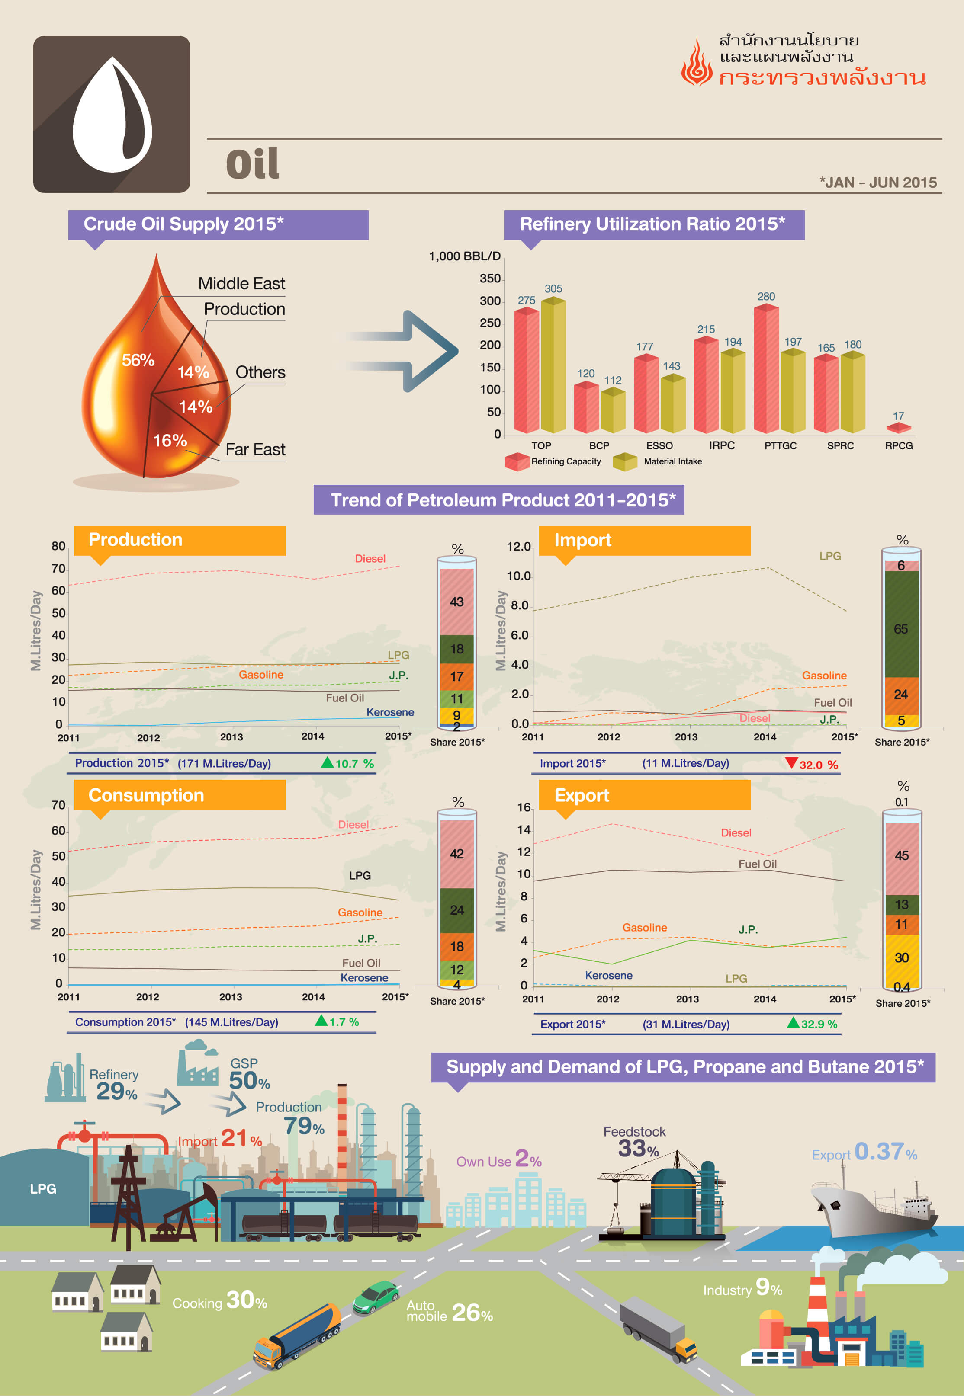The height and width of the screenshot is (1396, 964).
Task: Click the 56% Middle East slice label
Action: pos(138,360)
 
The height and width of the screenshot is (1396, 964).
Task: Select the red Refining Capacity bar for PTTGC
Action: pos(766,369)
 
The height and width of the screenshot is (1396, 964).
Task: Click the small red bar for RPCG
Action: pos(898,428)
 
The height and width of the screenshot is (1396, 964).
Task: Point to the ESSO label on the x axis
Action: pos(659,446)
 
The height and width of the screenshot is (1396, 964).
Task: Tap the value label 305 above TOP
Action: pos(553,289)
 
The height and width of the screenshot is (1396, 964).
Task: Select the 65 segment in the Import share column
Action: pos(900,629)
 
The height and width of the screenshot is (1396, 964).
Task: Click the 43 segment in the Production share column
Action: pos(456,602)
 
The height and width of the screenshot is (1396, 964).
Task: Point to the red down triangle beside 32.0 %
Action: pos(791,763)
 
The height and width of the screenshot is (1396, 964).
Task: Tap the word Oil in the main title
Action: pos(253,164)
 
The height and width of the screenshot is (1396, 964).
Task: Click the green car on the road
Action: pos(375,1298)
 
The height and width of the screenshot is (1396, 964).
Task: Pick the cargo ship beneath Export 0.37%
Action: pos(873,1208)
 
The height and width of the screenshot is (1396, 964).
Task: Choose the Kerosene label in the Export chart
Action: pos(608,975)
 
